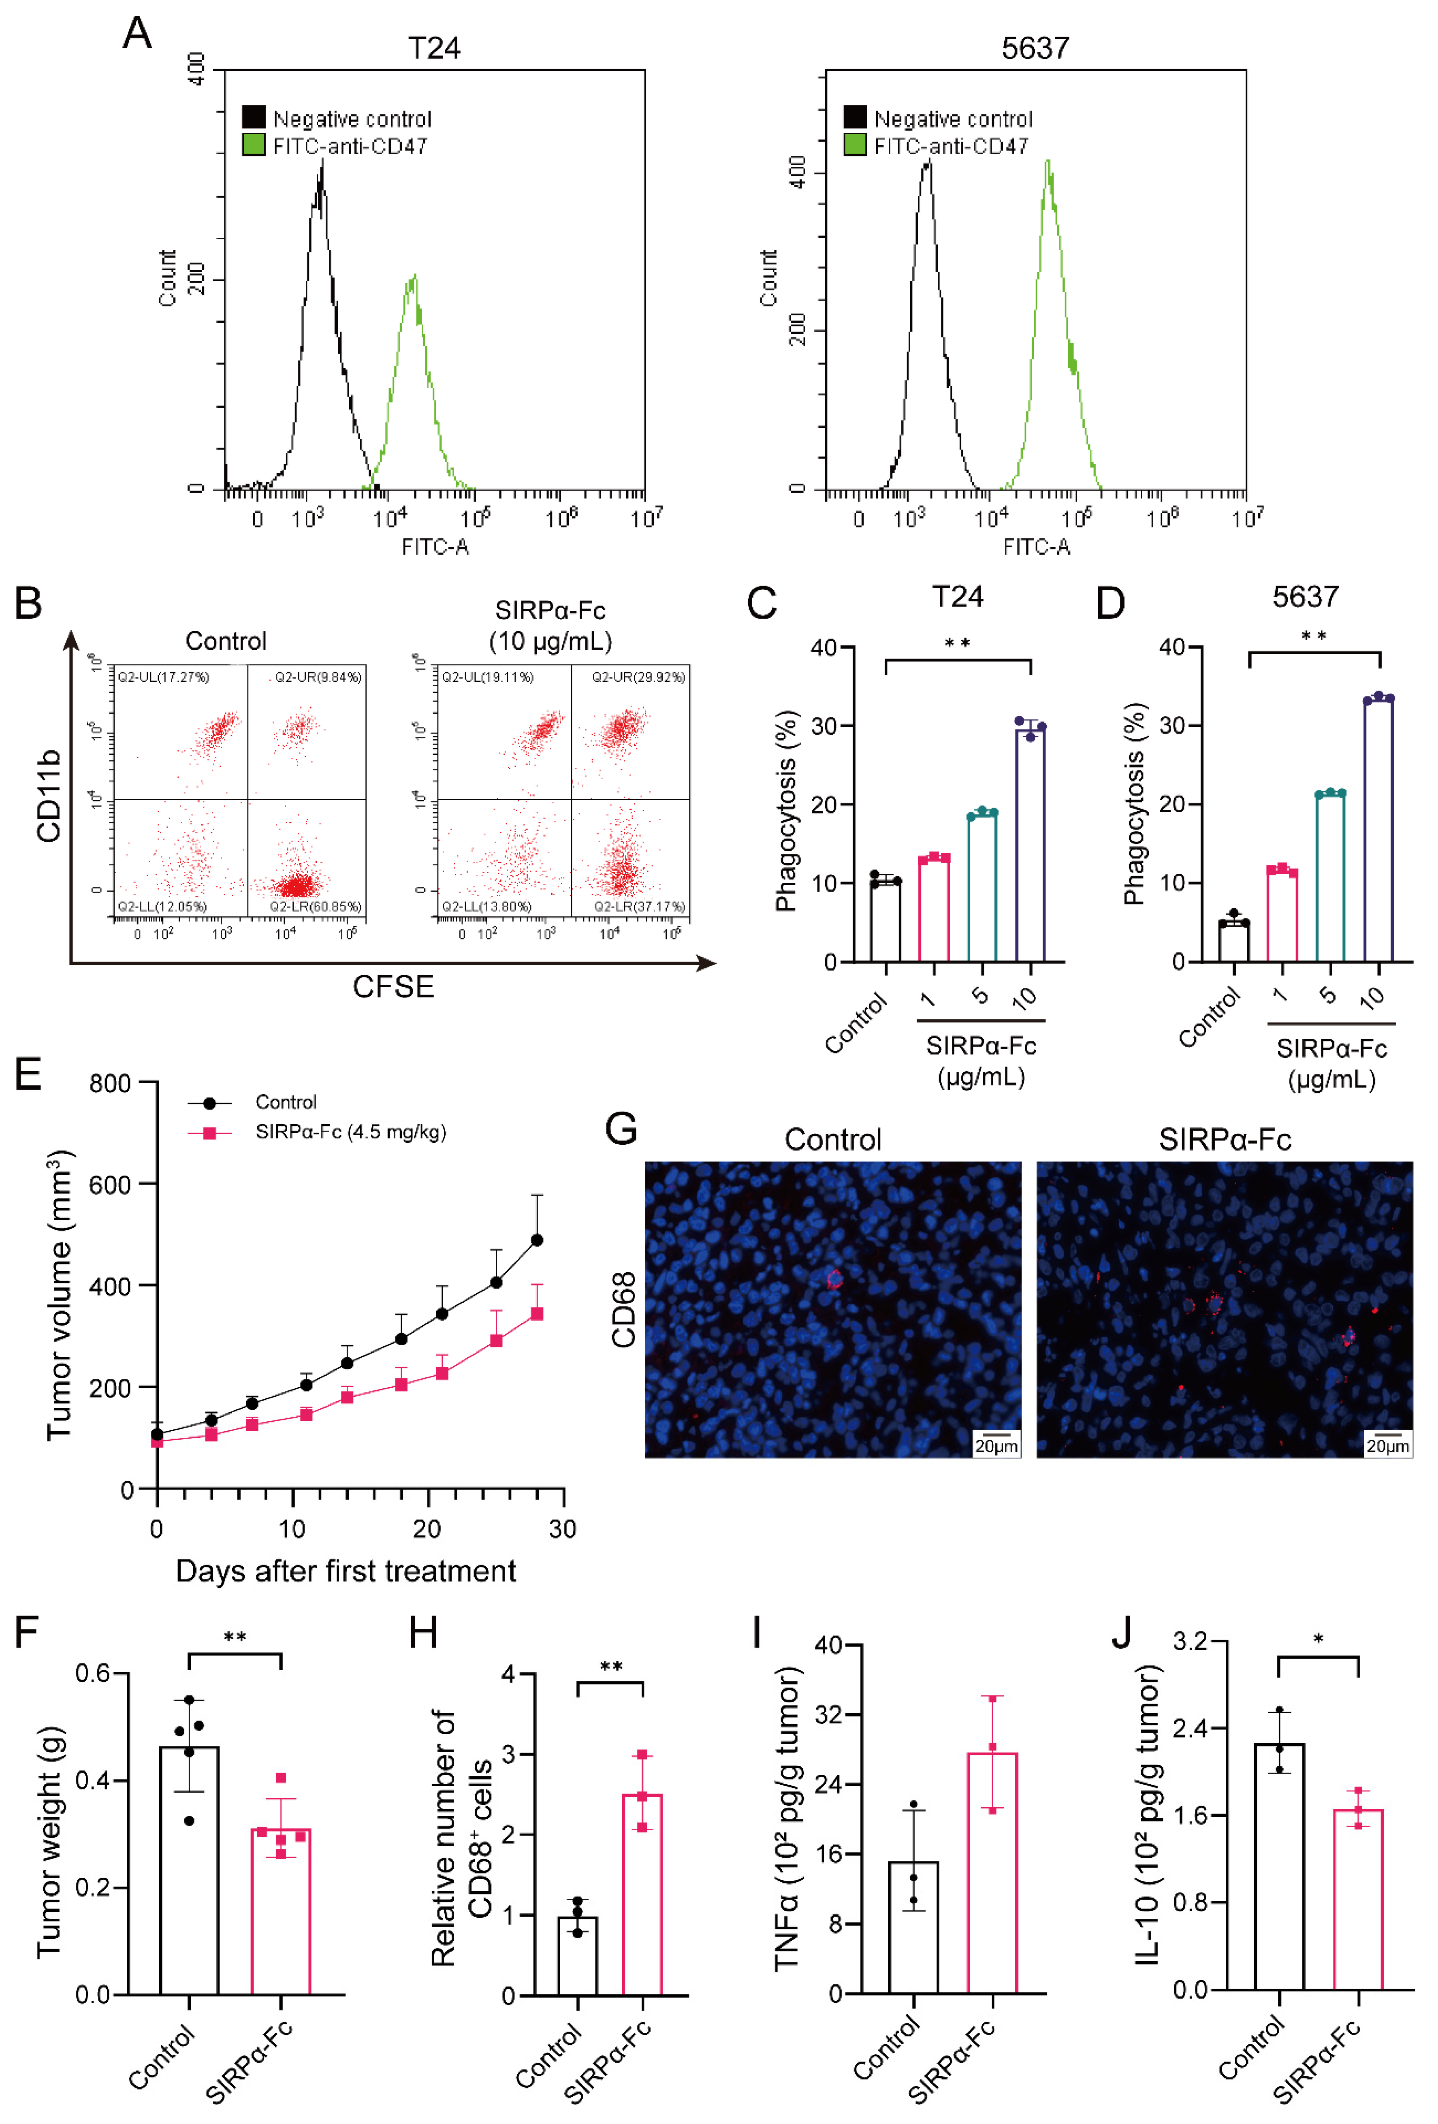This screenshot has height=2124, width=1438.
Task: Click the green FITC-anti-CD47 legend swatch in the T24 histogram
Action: click(253, 144)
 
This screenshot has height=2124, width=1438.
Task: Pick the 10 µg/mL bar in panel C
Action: click(1030, 845)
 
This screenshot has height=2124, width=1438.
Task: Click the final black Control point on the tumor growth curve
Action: click(537, 1240)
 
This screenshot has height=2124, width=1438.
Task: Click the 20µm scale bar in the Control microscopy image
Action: click(996, 1445)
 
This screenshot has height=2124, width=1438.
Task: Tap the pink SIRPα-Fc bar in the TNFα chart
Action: click(992, 1874)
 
